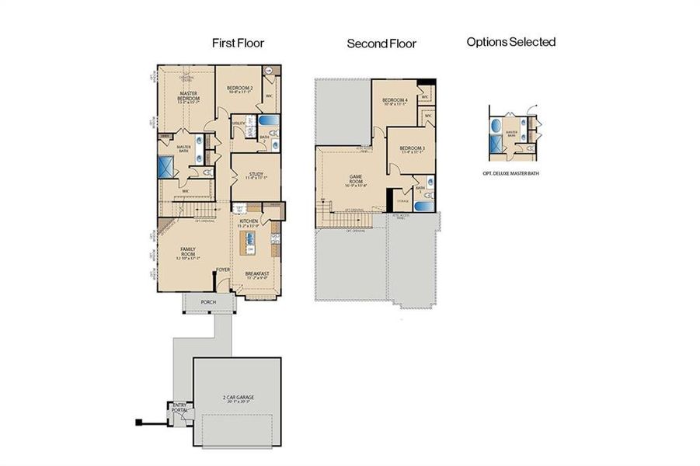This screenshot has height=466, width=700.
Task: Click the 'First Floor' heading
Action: click(238, 43)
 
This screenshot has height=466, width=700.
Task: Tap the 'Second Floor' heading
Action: click(381, 44)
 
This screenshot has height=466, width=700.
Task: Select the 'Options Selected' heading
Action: click(510, 42)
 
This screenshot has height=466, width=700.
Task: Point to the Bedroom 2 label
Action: click(240, 89)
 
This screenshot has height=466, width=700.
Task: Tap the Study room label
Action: click(255, 176)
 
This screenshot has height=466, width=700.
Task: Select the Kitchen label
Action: click(249, 223)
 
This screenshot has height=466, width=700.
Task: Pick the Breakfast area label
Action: click(257, 274)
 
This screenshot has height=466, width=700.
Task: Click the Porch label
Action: click(207, 302)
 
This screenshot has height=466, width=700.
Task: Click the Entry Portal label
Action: click(179, 408)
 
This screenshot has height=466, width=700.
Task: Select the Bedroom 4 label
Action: click(395, 101)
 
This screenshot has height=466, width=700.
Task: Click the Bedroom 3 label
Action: click(412, 149)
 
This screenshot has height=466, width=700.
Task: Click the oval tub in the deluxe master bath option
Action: click(496, 126)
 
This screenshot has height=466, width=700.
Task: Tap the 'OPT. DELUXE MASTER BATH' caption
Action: click(511, 173)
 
